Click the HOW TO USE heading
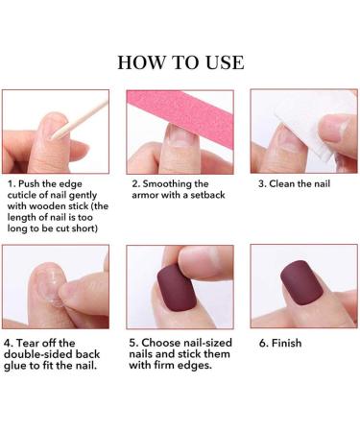coord(180,62)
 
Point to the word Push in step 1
coord(34,182)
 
